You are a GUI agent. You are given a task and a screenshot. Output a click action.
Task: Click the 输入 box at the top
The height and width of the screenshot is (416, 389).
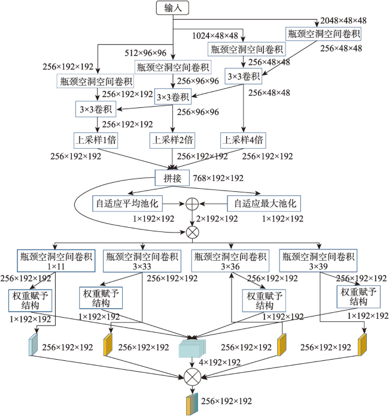(x=172, y=8)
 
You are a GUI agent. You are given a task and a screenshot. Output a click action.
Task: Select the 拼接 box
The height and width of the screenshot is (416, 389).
(x=172, y=178)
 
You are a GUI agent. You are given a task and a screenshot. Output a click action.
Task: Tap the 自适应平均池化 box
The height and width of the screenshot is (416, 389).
(x=127, y=203)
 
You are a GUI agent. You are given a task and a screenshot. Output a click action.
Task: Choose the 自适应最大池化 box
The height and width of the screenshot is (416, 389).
(x=264, y=203)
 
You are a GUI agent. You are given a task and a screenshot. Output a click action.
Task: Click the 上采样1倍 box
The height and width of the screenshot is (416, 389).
(x=96, y=140)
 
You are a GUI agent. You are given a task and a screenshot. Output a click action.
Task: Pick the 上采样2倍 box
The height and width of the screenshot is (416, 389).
(x=172, y=140)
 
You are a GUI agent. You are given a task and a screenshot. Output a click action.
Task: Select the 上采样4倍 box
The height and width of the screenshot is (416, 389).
(x=243, y=140)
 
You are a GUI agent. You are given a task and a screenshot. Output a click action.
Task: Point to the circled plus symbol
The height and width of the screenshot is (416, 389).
(x=192, y=204)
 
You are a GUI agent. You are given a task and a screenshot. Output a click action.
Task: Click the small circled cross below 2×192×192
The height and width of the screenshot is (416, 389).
(x=193, y=233)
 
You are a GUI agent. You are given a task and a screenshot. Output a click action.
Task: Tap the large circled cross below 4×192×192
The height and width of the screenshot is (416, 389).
(x=193, y=376)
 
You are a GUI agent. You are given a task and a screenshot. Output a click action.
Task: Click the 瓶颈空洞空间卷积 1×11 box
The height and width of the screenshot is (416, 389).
(x=56, y=261)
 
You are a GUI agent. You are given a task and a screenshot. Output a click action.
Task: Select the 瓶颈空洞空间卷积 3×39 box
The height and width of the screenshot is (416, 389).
(x=318, y=261)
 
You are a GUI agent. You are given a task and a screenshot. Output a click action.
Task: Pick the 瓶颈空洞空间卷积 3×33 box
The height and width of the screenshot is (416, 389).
(x=142, y=261)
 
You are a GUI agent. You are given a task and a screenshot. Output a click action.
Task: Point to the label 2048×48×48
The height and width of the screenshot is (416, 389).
(x=344, y=20)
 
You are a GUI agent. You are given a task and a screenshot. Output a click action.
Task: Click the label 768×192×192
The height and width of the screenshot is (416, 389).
(x=218, y=178)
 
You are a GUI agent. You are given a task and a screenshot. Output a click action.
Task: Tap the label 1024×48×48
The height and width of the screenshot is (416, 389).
(x=215, y=35)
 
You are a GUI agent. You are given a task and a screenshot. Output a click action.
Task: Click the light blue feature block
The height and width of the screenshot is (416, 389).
(x=33, y=344)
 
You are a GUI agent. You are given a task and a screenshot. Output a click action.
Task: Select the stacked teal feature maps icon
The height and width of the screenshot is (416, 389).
(x=192, y=348)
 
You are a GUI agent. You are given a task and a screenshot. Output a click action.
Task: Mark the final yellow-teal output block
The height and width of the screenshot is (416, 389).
(x=192, y=404)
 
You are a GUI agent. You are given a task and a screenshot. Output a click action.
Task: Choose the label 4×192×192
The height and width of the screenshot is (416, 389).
(x=220, y=362)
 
